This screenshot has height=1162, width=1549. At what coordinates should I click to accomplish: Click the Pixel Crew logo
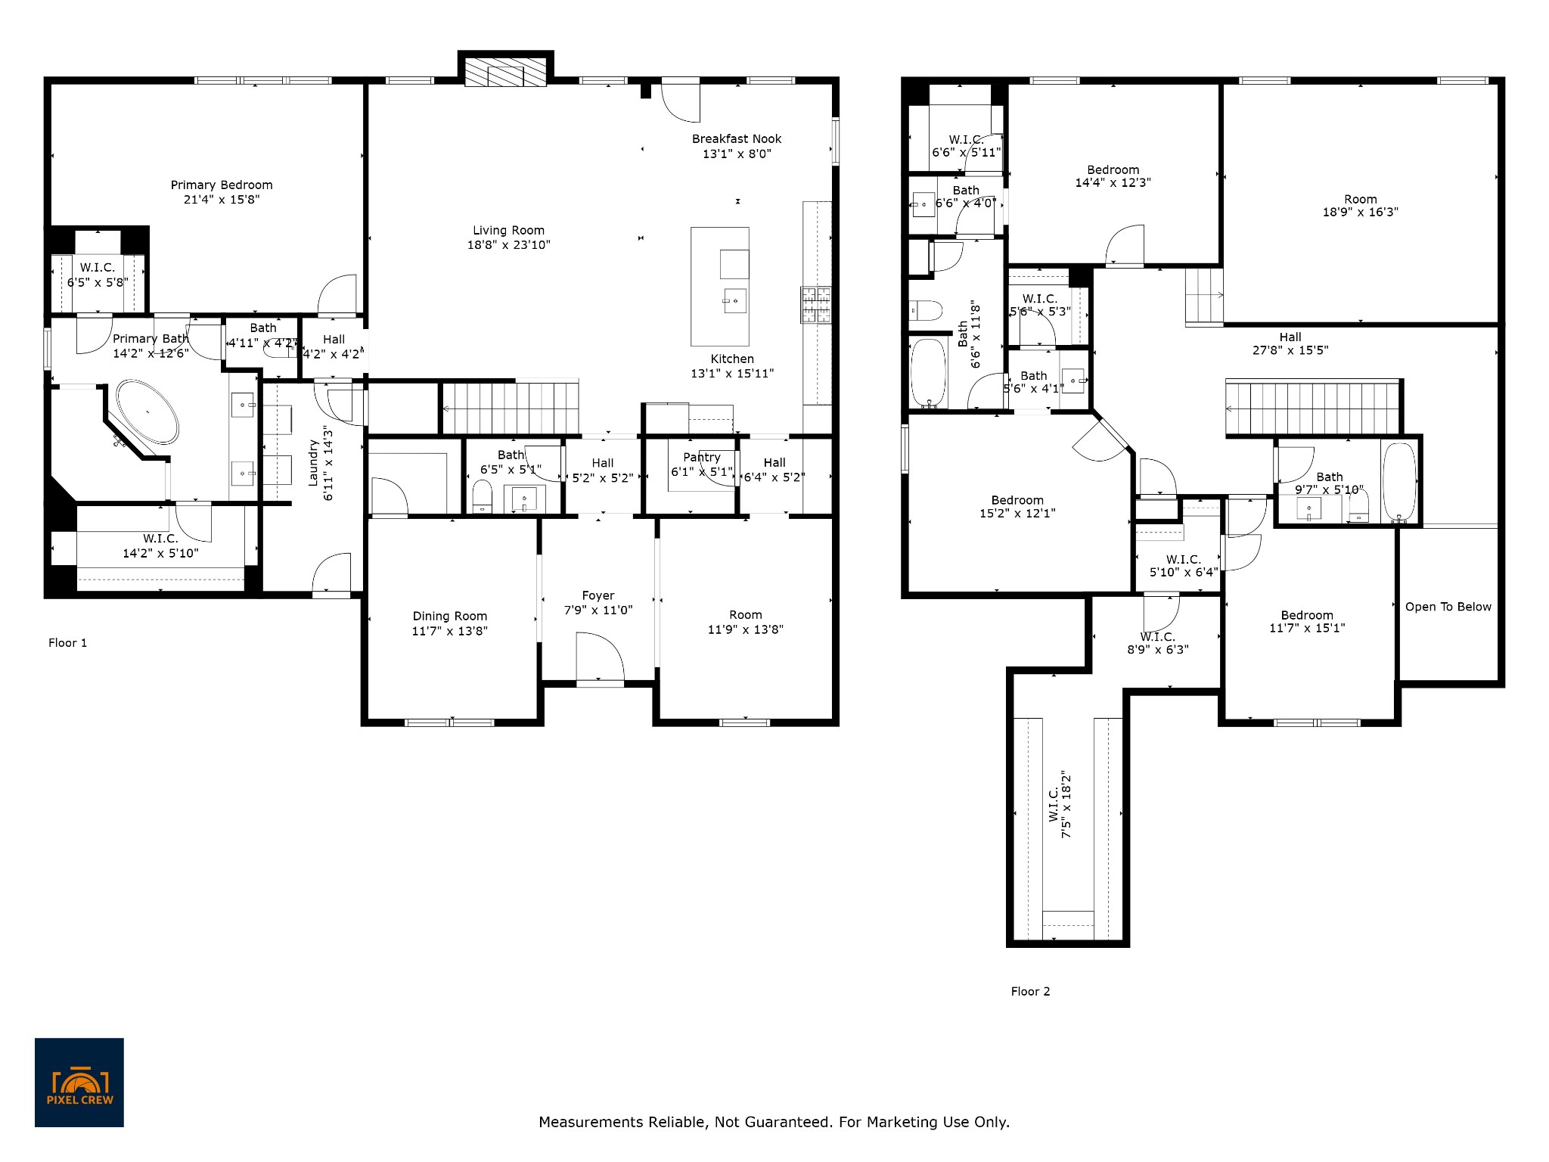(79, 1083)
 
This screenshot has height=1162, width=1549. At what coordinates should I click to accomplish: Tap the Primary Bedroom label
(222, 185)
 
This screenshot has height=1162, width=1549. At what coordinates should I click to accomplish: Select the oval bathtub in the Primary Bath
(147, 413)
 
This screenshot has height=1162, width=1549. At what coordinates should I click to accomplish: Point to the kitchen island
(720, 287)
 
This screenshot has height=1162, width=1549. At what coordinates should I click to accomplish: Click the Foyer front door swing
(601, 657)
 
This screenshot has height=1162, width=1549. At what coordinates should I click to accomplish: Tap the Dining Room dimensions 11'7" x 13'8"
(450, 631)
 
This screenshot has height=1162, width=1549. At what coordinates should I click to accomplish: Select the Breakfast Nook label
(737, 139)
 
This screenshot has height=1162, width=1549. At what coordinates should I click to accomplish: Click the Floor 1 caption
(68, 643)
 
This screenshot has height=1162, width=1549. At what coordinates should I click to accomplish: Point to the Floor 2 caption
(1031, 992)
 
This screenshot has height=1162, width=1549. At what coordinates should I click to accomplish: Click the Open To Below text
(1448, 607)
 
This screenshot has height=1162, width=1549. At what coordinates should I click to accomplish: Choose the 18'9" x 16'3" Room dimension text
(1361, 213)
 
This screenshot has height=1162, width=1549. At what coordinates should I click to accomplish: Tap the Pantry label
(702, 457)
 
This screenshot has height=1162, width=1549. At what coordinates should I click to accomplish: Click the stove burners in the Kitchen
(817, 305)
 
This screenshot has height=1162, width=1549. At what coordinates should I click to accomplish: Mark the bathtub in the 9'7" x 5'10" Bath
(1399, 482)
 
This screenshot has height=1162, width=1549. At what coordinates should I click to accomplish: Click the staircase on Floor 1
(511, 408)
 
